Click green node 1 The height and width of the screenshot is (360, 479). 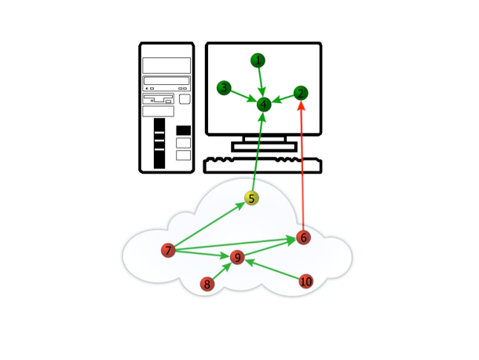point(258,61)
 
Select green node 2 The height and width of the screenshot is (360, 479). point(301,93)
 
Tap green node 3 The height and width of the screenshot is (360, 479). point(225,88)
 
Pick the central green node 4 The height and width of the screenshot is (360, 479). point(264,104)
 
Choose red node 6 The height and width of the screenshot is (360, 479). point(304,237)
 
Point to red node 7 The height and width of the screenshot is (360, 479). point(168,250)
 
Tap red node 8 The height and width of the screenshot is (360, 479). point(207,284)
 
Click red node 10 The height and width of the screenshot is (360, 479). point(306,281)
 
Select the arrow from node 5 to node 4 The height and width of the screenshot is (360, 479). point(258,153)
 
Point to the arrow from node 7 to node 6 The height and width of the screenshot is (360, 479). point(236,244)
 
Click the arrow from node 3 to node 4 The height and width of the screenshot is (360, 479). point(242,95)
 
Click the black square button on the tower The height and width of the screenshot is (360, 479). point(184,130)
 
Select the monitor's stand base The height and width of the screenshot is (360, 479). point(262,146)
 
